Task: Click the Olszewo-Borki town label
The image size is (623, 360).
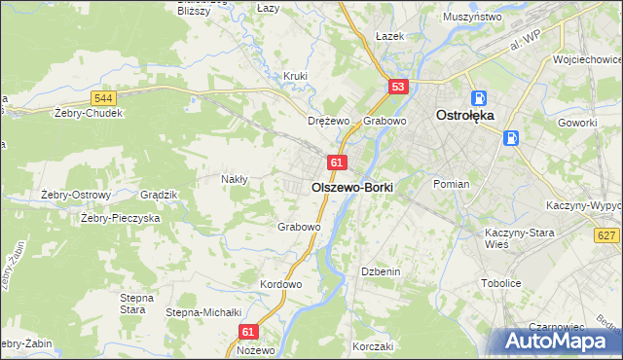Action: click(x=351, y=186)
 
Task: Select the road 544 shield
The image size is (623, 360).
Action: click(x=104, y=98)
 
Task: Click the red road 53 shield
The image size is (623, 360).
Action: click(x=397, y=87)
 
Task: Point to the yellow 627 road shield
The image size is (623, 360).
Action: click(x=606, y=235)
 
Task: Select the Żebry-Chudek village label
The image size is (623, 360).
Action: click(x=89, y=113)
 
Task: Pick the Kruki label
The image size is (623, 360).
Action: click(x=296, y=76)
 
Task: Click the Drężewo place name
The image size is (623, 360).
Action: click(x=328, y=122)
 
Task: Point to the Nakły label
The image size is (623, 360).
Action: click(x=235, y=179)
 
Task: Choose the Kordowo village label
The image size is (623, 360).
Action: click(x=281, y=284)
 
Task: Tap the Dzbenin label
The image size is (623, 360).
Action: click(x=381, y=271)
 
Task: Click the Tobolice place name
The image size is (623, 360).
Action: click(x=501, y=283)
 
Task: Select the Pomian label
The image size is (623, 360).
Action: click(x=452, y=184)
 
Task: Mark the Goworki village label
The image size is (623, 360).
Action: click(x=576, y=123)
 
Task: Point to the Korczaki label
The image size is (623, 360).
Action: click(x=373, y=346)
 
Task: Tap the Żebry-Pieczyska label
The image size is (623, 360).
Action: click(x=120, y=218)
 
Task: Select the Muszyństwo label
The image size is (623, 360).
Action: click(x=471, y=18)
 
